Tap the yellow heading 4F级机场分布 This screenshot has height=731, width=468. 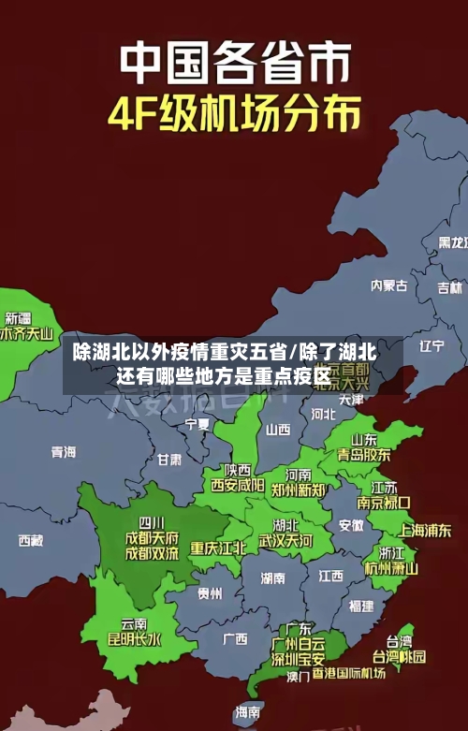(x=234, y=115)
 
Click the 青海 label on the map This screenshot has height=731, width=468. (x=64, y=452)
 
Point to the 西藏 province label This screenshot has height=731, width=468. (x=31, y=540)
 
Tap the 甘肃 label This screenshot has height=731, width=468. (x=169, y=460)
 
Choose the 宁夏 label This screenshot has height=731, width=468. (x=197, y=424)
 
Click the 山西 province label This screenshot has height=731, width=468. (x=278, y=430)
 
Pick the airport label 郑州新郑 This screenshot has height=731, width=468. (x=299, y=490)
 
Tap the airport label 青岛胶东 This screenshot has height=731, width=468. (x=364, y=454)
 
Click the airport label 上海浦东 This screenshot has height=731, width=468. (x=425, y=530)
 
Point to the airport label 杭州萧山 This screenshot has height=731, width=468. (x=391, y=567)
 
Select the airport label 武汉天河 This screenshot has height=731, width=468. (x=285, y=540)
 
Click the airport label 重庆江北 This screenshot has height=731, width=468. (x=218, y=548)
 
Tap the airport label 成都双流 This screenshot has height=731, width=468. (x=152, y=553)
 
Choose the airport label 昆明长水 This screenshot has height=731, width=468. (x=134, y=639)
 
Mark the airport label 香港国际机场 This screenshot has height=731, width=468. (x=349, y=673)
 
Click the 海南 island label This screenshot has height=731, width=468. (x=248, y=711)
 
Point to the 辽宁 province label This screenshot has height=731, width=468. (x=431, y=345)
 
